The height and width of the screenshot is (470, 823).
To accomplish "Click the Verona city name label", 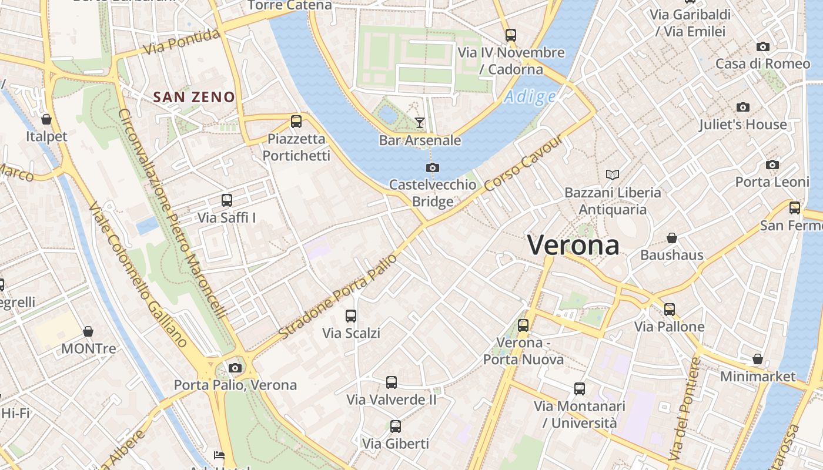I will (x=573, y=245).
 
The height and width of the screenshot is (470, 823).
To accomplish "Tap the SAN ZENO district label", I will (x=194, y=98).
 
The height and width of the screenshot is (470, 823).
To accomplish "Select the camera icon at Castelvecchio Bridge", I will (x=433, y=168).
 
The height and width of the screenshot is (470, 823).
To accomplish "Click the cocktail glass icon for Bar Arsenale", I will (x=419, y=122).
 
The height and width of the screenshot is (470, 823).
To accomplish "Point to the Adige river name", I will (x=530, y=96).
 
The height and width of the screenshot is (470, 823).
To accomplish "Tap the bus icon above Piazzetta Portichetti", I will (x=296, y=122).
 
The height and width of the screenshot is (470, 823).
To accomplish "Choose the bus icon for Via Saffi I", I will (x=227, y=200).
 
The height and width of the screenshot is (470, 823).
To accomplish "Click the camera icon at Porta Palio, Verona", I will (x=235, y=368).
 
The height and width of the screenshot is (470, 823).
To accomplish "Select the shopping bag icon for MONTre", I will (x=88, y=331).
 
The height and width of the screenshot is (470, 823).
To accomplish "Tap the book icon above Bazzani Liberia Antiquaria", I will (x=613, y=175).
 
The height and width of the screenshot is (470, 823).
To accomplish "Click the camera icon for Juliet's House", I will (x=743, y=107).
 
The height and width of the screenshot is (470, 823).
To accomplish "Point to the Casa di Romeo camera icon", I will (x=763, y=46).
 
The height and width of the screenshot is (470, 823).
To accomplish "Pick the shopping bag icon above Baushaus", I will (x=672, y=238).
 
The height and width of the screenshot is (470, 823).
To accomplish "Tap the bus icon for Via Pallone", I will (x=669, y=310).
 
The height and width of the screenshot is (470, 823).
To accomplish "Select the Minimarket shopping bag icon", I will (x=758, y=359).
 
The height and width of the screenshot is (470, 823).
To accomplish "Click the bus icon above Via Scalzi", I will (x=351, y=316).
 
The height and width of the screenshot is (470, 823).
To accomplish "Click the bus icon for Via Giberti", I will (x=396, y=427).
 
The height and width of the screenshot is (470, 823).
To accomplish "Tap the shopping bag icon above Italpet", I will (x=46, y=120).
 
